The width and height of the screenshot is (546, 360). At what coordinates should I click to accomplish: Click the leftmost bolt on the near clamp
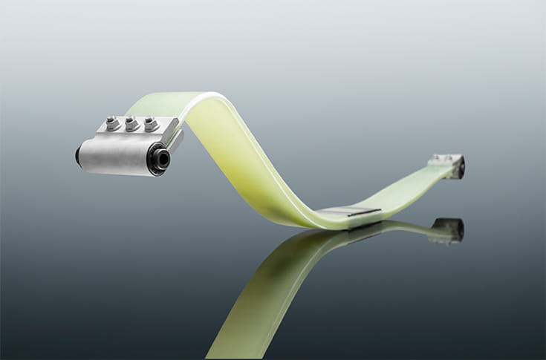coord(113,123)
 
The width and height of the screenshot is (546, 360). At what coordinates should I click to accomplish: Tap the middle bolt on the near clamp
coord(132,123)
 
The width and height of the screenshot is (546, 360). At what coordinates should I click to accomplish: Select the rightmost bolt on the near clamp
coord(151,122)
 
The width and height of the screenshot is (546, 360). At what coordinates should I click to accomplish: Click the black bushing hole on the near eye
coord(161,158)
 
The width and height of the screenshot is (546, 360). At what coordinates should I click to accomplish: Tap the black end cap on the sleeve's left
coord(78,155)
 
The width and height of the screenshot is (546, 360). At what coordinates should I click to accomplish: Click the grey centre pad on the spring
coord(349,212)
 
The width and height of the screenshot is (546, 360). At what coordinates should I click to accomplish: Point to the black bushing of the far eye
coord(461,169)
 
